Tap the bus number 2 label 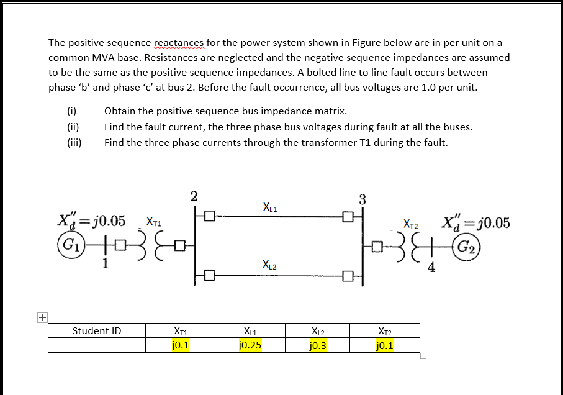(x=194, y=197)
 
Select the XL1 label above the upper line (x=270, y=207)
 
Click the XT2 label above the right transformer (x=411, y=223)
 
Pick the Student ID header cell (x=97, y=331)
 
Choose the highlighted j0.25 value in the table (x=250, y=345)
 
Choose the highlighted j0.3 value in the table (x=317, y=345)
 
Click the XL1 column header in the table (x=250, y=331)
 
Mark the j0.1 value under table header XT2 (x=385, y=345)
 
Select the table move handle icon (x=42, y=317)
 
